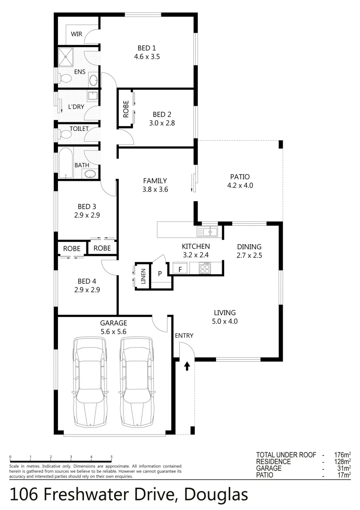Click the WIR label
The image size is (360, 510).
tap(76, 34)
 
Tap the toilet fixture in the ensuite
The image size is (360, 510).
tap(67, 78)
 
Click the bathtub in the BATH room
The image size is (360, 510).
tap(66, 164)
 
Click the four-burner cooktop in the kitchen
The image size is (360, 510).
tap(206, 268)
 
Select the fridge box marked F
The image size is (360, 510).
tap(180, 269)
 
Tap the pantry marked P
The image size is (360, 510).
tap(159, 273)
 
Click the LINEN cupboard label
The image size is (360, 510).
tap(142, 275)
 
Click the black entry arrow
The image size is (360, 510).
tap(187, 365)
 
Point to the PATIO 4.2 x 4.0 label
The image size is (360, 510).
tap(240, 181)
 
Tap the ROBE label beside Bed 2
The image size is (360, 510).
tap(126, 109)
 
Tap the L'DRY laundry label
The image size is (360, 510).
tap(76, 107)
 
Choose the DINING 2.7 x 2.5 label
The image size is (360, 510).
tap(249, 251)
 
